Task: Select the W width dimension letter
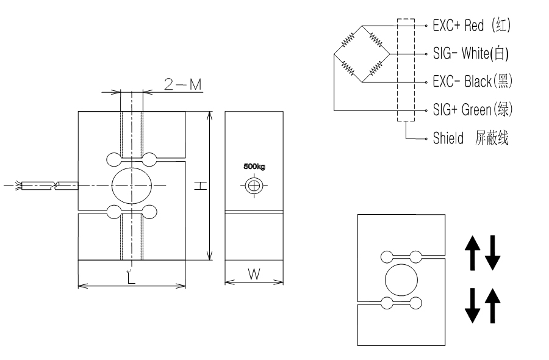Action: [x=254, y=274]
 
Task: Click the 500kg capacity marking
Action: [x=254, y=166]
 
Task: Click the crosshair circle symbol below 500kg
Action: [x=254, y=185]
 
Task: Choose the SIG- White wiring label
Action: [x=470, y=54]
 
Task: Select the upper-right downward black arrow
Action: [x=492, y=254]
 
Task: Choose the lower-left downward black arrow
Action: [x=473, y=306]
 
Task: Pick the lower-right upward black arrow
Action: [x=492, y=306]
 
